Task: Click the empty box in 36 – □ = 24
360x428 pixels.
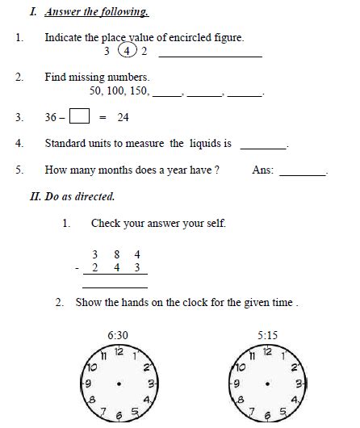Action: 79,117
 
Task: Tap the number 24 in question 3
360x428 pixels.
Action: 123,118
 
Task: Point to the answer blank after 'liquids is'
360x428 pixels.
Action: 264,146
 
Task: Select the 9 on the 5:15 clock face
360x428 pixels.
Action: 237,383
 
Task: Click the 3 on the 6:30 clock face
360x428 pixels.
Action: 150,383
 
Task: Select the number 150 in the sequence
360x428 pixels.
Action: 138,91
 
